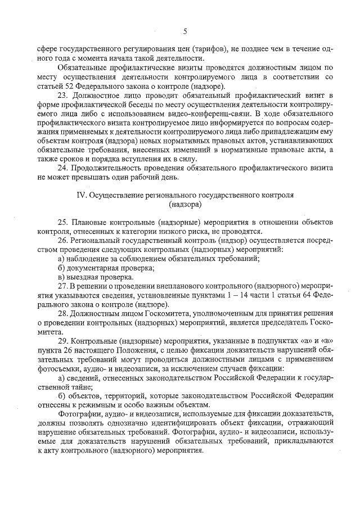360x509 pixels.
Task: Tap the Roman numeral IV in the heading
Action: [82, 195]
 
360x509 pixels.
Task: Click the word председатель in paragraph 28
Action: [285, 323]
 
